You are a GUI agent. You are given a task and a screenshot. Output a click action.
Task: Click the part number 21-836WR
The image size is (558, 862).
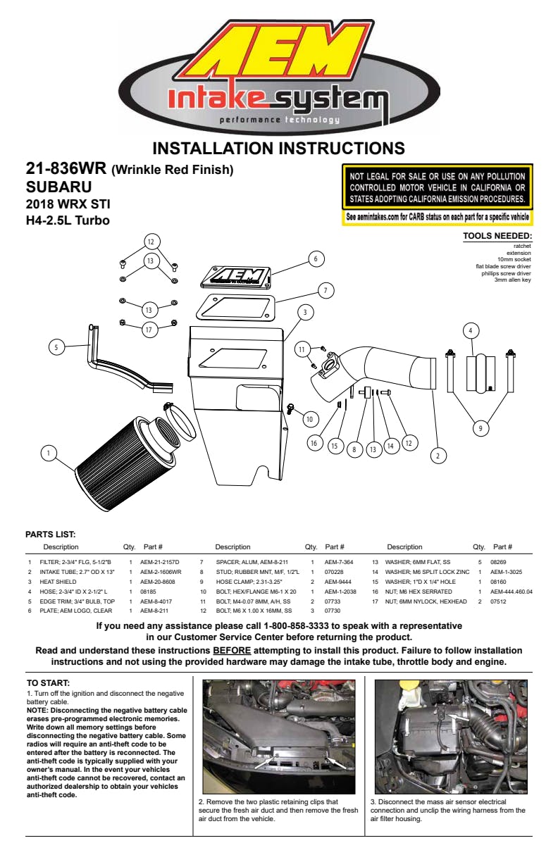pyautogui.click(x=66, y=168)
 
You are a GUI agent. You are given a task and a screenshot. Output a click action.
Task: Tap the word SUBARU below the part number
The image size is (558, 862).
pyautogui.click(x=59, y=187)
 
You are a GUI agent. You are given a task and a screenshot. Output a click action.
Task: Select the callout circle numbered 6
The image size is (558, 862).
pyautogui.click(x=316, y=259)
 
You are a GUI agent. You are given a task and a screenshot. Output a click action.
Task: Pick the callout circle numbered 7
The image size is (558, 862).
pyautogui.click(x=325, y=291)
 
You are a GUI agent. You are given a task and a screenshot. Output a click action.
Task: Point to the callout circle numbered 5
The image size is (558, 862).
pyautogui.click(x=56, y=347)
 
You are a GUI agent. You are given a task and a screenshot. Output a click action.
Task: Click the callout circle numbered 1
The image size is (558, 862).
pyautogui.click(x=49, y=453)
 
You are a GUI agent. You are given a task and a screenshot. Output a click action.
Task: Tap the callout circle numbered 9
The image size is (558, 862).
pyautogui.click(x=480, y=428)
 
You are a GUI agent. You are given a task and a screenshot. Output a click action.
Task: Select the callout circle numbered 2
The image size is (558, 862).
pyautogui.click(x=438, y=456)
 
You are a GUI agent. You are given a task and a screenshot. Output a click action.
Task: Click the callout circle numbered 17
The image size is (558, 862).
pyautogui.click(x=149, y=330)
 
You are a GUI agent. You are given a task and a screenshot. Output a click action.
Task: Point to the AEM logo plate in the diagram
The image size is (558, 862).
pyautogui.click(x=236, y=277)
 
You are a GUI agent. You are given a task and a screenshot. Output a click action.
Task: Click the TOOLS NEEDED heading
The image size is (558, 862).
pyautogui.click(x=497, y=236)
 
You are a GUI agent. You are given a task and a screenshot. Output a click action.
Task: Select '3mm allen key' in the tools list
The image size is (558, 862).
pyautogui.click(x=513, y=280)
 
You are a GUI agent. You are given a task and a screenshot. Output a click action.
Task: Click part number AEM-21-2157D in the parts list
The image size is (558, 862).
pyautogui.click(x=160, y=562)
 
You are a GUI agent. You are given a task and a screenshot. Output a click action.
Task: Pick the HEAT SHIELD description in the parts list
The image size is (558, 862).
pyautogui.click(x=58, y=582)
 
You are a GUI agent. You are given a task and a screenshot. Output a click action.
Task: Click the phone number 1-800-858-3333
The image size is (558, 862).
pyautogui.click(x=296, y=625)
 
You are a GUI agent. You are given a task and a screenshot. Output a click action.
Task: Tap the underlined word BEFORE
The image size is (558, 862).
pyautogui.click(x=232, y=650)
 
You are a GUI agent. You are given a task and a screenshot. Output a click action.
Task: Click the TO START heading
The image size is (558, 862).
pyautogui.click(x=48, y=683)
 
